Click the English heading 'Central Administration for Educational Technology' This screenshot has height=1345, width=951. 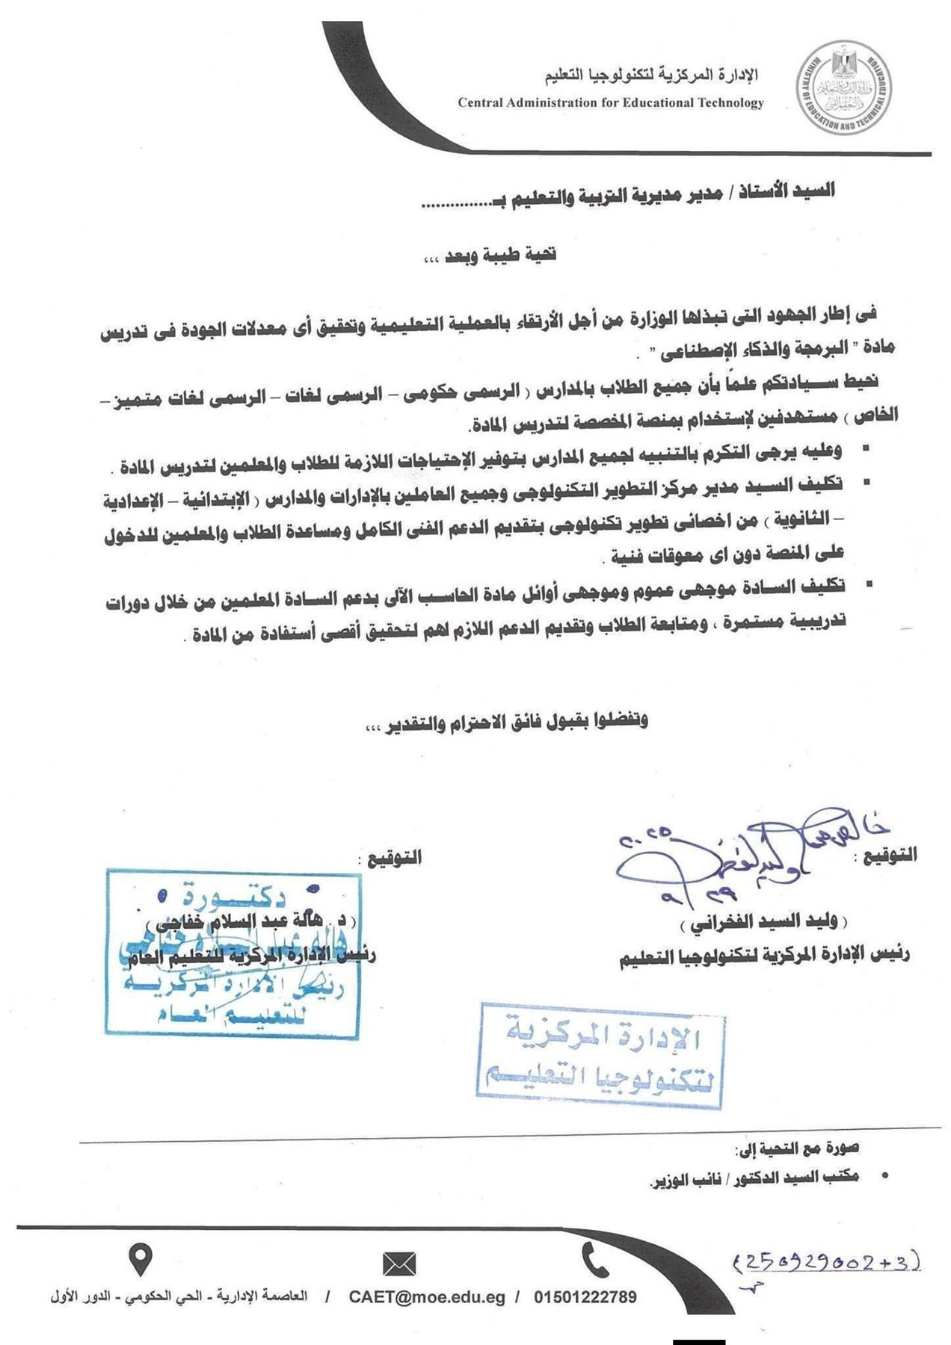click(x=611, y=103)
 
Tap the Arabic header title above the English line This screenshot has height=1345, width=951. click(x=650, y=75)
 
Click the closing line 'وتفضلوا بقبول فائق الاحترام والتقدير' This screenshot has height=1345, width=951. click(x=506, y=721)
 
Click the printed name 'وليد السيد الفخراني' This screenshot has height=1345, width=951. click(x=764, y=924)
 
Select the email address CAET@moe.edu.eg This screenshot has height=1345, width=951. click(x=427, y=1297)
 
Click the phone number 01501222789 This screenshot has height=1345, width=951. click(x=585, y=1297)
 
